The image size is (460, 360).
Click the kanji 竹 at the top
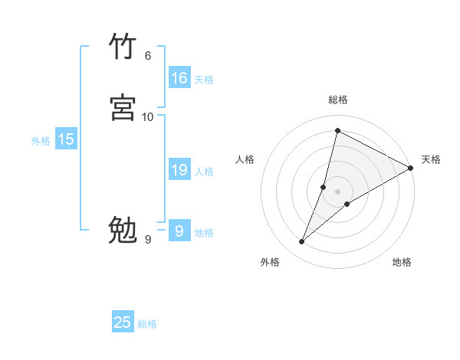pyautogui.click(x=123, y=47)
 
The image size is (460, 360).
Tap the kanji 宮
pyautogui.click(x=123, y=108)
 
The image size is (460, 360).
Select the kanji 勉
pyautogui.click(x=123, y=231)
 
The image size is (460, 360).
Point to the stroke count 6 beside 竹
pyautogui.click(x=147, y=55)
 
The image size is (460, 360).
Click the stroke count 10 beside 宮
pyautogui.click(x=148, y=116)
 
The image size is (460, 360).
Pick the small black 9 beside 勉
pyautogui.click(x=147, y=240)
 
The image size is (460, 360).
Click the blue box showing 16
pyautogui.click(x=179, y=78)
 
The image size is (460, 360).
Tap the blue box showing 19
pyautogui.click(x=179, y=171)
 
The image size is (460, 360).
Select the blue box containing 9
pyautogui.click(x=179, y=231)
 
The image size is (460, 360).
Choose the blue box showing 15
pyautogui.click(x=66, y=139)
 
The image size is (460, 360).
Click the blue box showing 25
pyautogui.click(x=123, y=323)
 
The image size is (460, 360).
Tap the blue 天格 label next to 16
pyautogui.click(x=203, y=80)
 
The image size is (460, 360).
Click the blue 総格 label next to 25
pyautogui.click(x=147, y=324)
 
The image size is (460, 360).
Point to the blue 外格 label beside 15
pyautogui.click(x=40, y=141)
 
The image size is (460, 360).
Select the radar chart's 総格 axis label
pyautogui.click(x=337, y=100)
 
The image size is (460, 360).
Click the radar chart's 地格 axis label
pyautogui.click(x=402, y=262)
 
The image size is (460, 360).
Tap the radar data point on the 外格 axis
pyautogui.click(x=301, y=242)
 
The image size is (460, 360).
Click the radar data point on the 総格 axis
pyautogui.click(x=337, y=131)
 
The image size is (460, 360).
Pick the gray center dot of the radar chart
pyautogui.click(x=338, y=191)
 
